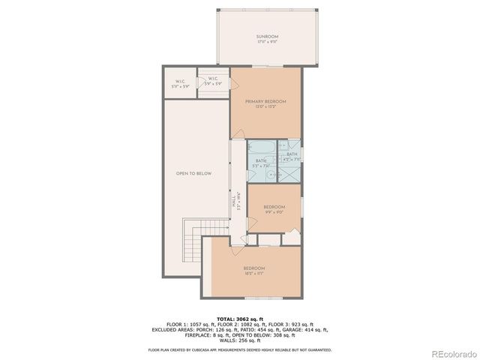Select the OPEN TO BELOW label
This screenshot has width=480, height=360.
[193, 173]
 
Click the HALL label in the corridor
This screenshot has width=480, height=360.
[234, 200]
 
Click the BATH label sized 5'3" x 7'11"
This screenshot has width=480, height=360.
[260, 162]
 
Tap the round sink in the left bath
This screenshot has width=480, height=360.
[273, 175]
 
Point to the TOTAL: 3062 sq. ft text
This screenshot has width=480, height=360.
[240, 319]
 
